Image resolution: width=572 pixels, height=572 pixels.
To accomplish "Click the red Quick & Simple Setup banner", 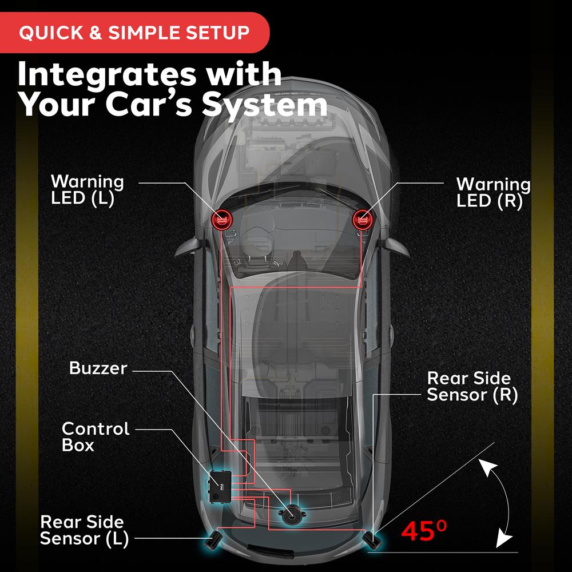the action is [134, 33].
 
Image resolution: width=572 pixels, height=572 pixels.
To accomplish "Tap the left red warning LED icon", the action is [221, 220].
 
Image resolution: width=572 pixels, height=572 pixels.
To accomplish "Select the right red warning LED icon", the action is [363, 220].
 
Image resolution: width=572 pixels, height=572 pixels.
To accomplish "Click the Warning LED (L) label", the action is [87, 190].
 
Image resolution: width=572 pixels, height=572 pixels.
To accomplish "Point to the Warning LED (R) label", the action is [494, 193].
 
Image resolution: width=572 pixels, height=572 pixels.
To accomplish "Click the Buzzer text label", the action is [98, 368].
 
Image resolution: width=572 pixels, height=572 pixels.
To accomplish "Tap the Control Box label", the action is [96, 436].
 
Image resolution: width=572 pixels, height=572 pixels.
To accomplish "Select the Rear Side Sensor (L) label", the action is [84, 530].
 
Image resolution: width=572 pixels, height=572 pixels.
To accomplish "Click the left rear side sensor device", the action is [214, 541].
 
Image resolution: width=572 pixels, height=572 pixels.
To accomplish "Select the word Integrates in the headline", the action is [106, 75].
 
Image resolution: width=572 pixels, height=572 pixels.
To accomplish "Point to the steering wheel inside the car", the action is [256, 241].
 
